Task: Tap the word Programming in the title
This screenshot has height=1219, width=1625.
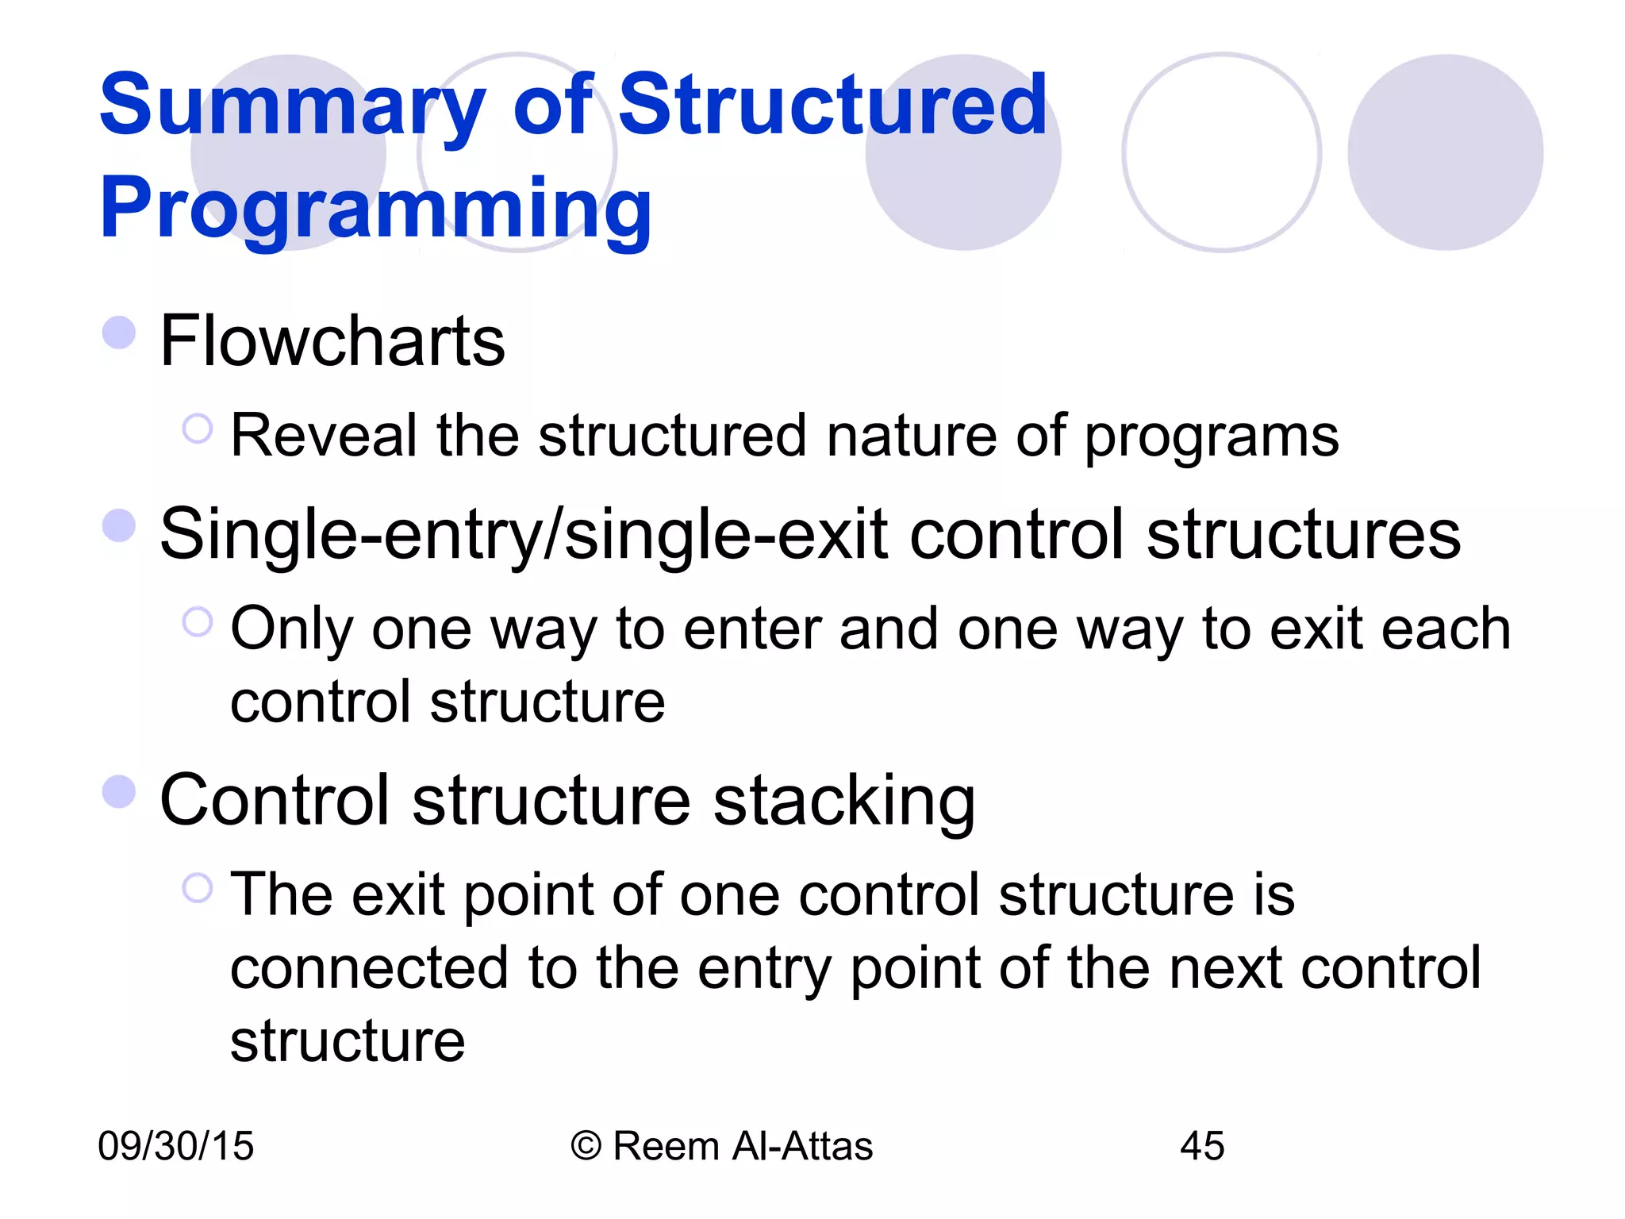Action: pyautogui.click(x=375, y=208)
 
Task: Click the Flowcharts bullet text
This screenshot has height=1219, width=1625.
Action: pyautogui.click(x=332, y=341)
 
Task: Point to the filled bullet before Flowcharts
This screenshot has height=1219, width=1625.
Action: pyautogui.click(x=119, y=333)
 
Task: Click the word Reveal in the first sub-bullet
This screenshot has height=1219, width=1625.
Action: pyautogui.click(x=323, y=436)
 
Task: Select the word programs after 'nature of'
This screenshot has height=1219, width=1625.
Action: pyautogui.click(x=1212, y=437)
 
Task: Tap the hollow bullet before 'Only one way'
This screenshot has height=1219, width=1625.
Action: pyautogui.click(x=198, y=622)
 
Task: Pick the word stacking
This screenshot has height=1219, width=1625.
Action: pyautogui.click(x=844, y=802)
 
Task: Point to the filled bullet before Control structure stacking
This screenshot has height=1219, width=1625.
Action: pyautogui.click(x=119, y=791)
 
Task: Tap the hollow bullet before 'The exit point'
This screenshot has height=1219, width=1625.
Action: pyautogui.click(x=198, y=888)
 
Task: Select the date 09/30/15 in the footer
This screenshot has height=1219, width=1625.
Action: pyautogui.click(x=175, y=1147)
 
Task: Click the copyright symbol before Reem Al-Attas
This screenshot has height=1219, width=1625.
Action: pyautogui.click(x=586, y=1147)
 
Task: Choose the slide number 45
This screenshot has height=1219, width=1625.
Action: pyautogui.click(x=1202, y=1147)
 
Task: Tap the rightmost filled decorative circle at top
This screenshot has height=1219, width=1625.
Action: pyautogui.click(x=1445, y=152)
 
